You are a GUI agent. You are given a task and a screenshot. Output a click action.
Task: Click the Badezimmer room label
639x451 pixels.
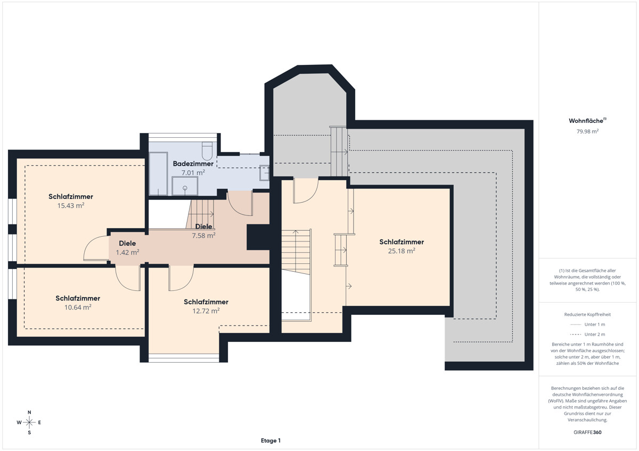(x=193, y=163)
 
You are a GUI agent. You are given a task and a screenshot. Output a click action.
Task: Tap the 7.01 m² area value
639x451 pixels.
(x=193, y=172)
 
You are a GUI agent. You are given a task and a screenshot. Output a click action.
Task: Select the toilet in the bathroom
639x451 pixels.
(x=207, y=151)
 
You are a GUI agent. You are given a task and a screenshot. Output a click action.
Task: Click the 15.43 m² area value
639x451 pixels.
(x=71, y=205)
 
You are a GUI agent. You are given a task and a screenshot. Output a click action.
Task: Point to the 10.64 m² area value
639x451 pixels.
(x=78, y=307)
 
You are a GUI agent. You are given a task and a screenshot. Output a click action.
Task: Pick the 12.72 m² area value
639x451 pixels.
(x=206, y=311)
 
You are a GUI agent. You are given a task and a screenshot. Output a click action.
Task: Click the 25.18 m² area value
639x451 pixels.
(x=402, y=250)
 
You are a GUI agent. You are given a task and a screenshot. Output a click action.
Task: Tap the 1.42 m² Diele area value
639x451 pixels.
(x=127, y=252)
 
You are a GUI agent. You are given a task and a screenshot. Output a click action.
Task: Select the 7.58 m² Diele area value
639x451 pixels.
(x=203, y=235)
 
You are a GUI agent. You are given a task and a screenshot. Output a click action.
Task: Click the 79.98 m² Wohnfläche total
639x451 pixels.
(x=587, y=131)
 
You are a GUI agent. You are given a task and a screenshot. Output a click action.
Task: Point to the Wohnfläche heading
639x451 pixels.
(x=587, y=121)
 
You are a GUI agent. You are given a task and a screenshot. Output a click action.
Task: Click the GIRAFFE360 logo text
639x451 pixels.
(x=587, y=432)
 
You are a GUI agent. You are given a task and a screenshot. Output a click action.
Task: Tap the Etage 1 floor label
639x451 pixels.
(x=271, y=440)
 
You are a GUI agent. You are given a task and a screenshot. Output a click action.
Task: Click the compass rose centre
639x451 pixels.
(x=29, y=422)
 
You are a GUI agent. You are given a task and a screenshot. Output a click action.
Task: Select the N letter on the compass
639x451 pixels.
(x=29, y=412)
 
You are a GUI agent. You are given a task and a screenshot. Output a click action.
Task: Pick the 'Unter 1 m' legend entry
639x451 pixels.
(x=587, y=324)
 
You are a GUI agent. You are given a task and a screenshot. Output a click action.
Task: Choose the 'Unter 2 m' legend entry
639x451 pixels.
(x=587, y=334)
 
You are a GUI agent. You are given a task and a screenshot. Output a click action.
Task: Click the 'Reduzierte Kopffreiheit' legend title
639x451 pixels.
(x=587, y=314)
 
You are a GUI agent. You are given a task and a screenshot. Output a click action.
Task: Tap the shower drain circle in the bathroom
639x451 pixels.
(x=185, y=188)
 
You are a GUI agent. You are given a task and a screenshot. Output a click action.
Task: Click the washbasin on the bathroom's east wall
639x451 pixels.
(x=264, y=173)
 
